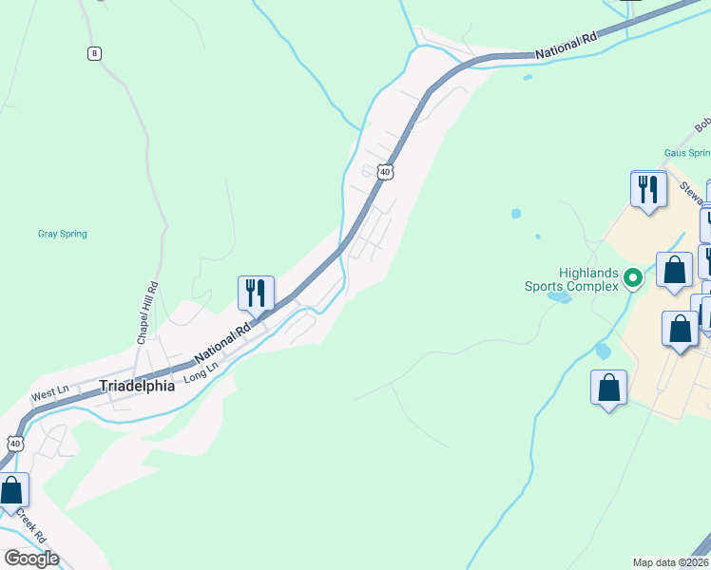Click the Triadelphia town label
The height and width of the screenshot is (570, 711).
(x=137, y=387)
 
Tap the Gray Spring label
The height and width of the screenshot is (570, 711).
(x=62, y=233)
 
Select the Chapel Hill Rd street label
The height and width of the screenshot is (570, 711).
(x=145, y=313)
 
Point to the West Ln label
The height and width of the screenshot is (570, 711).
(x=50, y=390)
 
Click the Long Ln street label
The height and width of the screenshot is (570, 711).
(x=201, y=370)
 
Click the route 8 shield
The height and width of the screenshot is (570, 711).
(x=93, y=53)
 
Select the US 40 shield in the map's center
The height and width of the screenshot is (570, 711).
(x=384, y=171)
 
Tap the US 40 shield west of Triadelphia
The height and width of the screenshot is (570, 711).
(x=14, y=444)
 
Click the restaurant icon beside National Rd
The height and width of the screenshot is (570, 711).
(x=255, y=293)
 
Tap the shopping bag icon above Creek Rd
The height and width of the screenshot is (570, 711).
(x=11, y=491)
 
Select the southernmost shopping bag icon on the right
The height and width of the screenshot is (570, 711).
(x=608, y=388)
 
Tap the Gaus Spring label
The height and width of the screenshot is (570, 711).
(x=686, y=152)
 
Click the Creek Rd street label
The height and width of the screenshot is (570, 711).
(x=31, y=529)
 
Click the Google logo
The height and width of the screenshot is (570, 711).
(x=31, y=559)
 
